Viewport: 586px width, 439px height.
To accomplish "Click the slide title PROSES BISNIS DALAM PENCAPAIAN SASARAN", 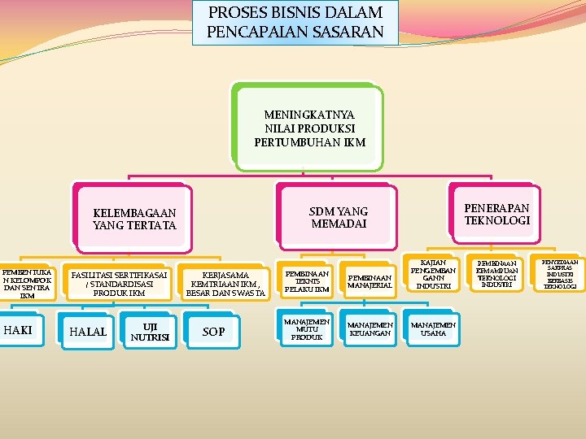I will tap(295, 23).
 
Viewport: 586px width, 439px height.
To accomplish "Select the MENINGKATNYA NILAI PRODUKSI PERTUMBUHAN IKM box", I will tap(309, 128).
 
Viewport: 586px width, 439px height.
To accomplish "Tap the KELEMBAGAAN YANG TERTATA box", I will tap(134, 219).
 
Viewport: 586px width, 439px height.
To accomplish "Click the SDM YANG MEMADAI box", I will tap(338, 217).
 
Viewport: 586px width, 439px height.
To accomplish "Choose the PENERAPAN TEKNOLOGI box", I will tap(496, 214).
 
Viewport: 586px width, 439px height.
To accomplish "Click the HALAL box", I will tap(88, 331).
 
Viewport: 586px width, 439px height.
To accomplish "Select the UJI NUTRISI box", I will tap(149, 332).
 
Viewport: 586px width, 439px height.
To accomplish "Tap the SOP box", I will tap(213, 331).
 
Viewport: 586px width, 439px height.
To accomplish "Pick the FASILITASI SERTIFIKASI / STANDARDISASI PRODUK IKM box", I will tap(118, 284).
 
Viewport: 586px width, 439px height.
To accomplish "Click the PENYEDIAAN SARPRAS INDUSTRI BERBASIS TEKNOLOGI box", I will tap(560, 274).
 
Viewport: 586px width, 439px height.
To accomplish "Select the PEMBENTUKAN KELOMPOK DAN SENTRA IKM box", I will tap(27, 280).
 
